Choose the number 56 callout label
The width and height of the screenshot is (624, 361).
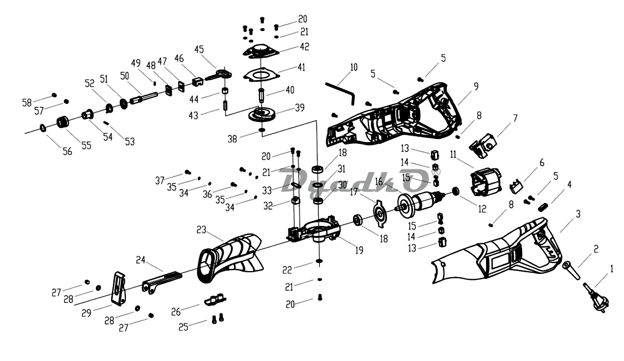click(67, 152)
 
